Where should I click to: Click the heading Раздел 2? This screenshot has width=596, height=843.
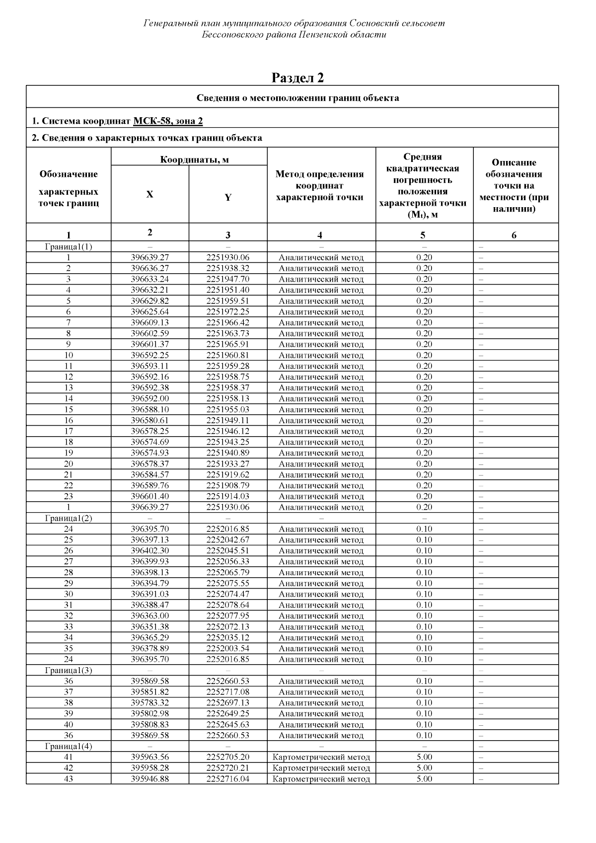pos(298,77)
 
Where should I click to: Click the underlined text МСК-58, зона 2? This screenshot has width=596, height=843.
pos(168,121)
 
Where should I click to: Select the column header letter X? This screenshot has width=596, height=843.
pos(149,195)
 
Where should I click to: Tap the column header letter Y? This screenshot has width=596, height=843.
pos(227,197)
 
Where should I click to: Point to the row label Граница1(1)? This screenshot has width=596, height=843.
pos(69,247)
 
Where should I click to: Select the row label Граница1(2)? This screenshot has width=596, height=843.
pos(69,518)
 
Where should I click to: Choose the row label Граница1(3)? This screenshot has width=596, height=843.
pos(69,670)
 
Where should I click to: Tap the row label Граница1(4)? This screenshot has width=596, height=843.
pos(69,746)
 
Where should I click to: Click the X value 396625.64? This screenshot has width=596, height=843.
pos(149,312)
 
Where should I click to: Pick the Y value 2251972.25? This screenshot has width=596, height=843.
pos(227,312)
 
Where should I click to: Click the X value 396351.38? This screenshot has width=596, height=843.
pos(149,627)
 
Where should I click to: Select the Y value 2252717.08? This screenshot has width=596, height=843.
pos(227,692)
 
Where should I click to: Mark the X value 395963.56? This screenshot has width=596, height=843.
pos(149,757)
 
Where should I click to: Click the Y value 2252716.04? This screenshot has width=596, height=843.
pos(227,779)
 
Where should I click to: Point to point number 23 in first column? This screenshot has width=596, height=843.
pos(69,496)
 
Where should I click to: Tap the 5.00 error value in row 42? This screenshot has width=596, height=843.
pos(424,768)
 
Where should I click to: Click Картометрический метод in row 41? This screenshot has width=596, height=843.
pos(321,758)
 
